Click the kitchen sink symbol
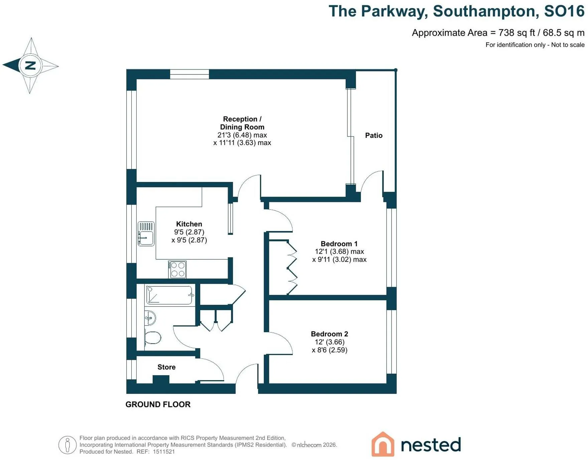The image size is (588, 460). point(146,234)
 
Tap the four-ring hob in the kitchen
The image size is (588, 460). point(177,269)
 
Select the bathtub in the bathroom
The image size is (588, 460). point(170,295)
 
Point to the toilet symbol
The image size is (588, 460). point(153,338)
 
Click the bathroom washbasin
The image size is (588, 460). point(150,318)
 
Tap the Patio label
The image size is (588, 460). point(374,135)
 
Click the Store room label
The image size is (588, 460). point(166,367)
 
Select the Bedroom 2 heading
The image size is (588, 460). point(329,334)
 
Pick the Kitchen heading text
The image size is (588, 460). point(189,224)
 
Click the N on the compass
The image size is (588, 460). point(30,65)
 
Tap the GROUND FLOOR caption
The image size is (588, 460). point(158,404)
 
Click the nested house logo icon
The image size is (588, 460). point(383,444)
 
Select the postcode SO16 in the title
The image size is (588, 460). point(564,11)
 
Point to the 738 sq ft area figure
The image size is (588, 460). point(517,33)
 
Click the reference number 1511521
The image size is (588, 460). point(164,452)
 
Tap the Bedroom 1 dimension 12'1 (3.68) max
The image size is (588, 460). point(339,251)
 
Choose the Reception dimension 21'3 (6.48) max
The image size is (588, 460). point(242,135)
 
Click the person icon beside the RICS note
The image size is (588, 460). point(67,445)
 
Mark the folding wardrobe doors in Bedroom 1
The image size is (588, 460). point(292,268)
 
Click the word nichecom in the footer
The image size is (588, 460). point(309,445)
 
